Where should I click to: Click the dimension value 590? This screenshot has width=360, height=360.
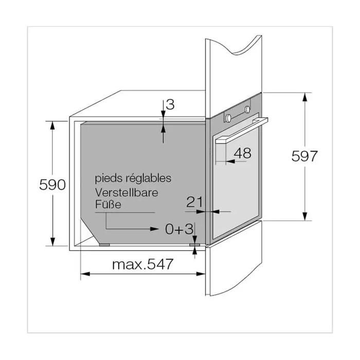pos(52,184)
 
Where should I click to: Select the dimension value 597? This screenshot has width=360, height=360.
pos(304,156)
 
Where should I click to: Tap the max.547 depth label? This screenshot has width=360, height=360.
pos(142,264)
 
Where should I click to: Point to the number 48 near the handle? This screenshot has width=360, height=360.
pos(242,153)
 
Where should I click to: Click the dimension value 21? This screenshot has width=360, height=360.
pos(194,202)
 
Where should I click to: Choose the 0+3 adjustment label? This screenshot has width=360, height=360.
pos(179,229)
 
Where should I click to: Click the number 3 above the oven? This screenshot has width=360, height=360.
pos(170,104)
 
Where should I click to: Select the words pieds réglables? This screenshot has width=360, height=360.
pos(133,178)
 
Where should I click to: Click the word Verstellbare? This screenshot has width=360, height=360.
pos(127,192)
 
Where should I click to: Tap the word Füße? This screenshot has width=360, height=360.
pos(108,204)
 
